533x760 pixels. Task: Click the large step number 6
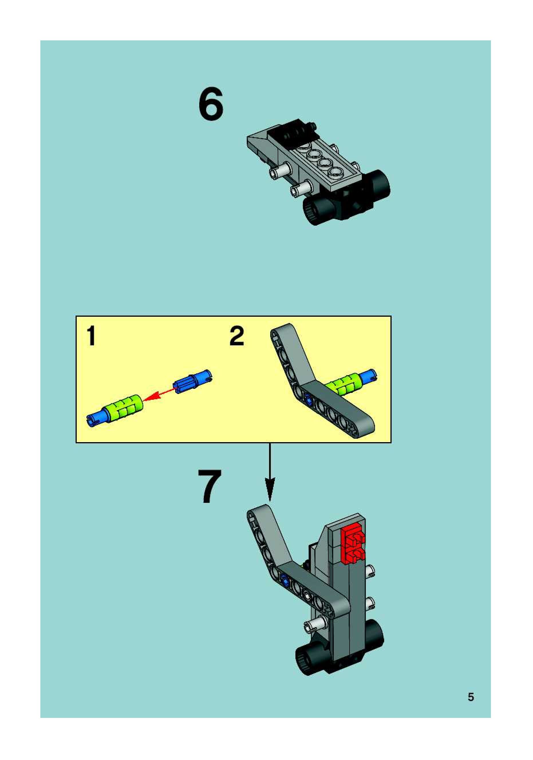click(x=211, y=104)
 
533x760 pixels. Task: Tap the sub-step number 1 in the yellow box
click(x=91, y=336)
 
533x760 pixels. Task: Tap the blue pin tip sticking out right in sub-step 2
click(x=370, y=375)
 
